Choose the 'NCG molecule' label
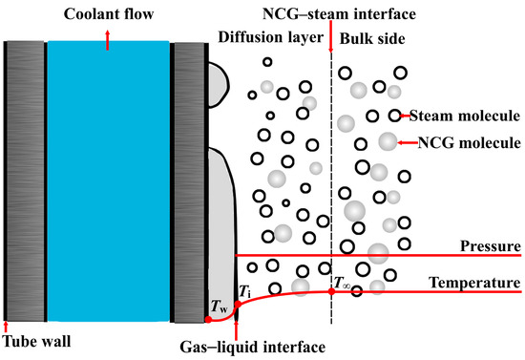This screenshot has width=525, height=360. (x=467, y=143)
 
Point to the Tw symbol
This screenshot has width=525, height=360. (x=218, y=307)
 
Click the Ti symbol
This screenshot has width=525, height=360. (x=246, y=290)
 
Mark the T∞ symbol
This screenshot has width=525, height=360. (x=343, y=283)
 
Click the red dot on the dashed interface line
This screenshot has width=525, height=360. (x=331, y=290)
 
